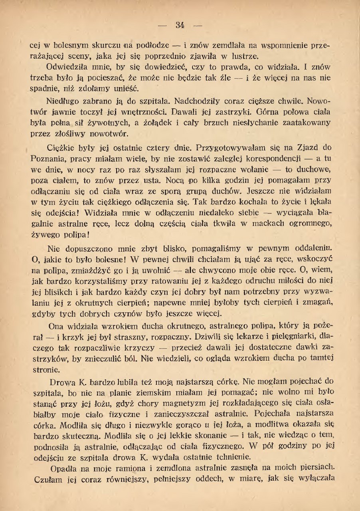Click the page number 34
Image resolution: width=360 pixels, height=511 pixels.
click(x=180, y=26)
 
